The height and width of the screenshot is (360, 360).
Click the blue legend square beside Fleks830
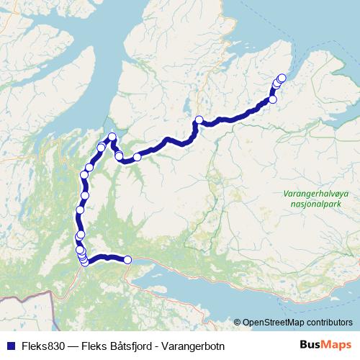coord(6,346)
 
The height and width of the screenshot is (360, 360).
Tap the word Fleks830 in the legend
coord(35,346)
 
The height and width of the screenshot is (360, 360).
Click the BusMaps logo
coord(325,345)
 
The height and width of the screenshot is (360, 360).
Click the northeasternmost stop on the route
coord(282,78)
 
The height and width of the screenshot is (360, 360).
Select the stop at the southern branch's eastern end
coord(127,260)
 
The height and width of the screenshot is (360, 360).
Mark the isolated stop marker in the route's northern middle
coord(199,120)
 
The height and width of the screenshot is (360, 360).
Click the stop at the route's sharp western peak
coord(112,138)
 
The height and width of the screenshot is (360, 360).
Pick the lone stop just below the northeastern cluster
coord(273,99)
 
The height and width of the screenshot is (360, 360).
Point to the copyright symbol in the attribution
coord(237,322)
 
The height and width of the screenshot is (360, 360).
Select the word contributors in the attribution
coord(328,322)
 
